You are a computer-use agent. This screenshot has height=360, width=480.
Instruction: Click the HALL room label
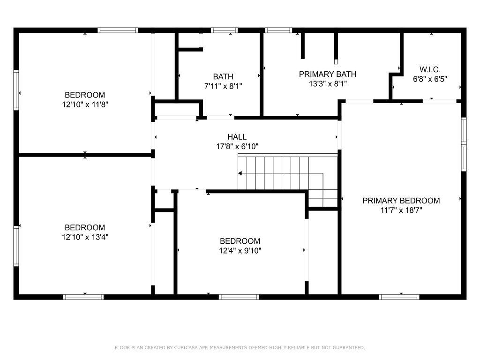click(x=237, y=137)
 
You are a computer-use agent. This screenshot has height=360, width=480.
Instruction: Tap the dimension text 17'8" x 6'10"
click(x=237, y=147)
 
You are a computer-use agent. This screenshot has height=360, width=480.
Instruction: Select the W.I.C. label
click(x=429, y=69)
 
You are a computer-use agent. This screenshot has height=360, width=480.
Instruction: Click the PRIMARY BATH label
click(x=328, y=74)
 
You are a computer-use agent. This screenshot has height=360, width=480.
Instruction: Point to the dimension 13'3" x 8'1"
click(x=328, y=84)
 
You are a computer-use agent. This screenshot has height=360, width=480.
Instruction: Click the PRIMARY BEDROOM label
click(x=401, y=201)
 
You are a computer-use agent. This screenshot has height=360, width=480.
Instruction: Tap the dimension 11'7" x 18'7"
click(x=401, y=210)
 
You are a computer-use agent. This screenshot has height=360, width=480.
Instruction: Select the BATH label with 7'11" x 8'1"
click(x=223, y=76)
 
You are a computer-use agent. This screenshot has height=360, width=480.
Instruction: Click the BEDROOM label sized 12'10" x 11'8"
click(x=85, y=95)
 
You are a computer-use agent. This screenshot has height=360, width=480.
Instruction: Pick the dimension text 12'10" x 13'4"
click(x=85, y=237)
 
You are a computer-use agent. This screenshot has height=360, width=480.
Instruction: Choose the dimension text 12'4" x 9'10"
click(x=240, y=251)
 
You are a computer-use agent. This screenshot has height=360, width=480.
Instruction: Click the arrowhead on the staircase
click(x=240, y=173)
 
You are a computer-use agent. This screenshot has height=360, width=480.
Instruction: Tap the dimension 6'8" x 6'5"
click(x=430, y=79)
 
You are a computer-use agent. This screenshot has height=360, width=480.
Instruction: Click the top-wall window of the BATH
click(x=224, y=30)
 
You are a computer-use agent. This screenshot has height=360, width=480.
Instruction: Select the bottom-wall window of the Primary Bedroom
click(x=399, y=297)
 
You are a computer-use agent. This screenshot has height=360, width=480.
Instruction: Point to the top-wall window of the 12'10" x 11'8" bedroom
click(x=118, y=30)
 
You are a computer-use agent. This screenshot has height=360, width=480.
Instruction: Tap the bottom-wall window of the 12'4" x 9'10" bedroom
click(x=239, y=297)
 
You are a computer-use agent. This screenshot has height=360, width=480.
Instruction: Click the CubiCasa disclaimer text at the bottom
click(x=240, y=348)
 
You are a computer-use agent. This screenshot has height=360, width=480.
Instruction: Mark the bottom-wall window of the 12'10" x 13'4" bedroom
click(x=83, y=297)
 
